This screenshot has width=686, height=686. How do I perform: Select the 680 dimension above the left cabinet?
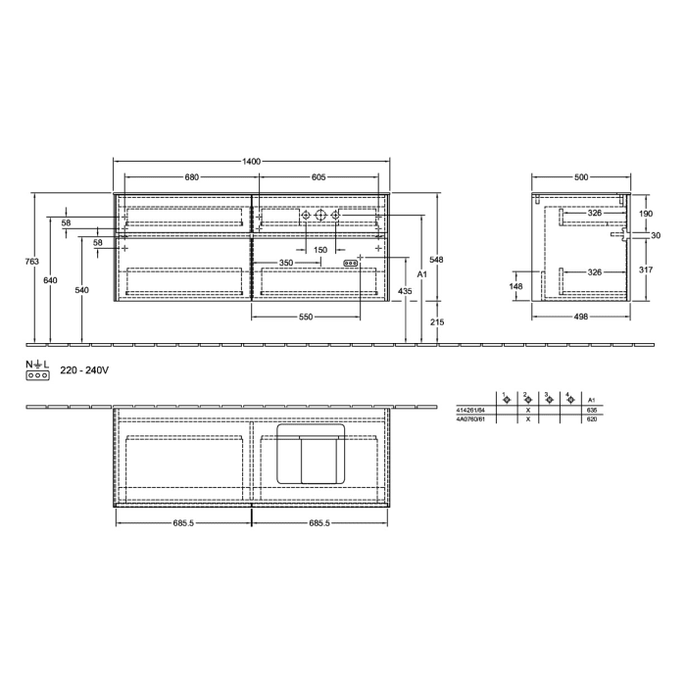[x=192, y=177]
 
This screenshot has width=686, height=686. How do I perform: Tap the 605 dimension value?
[x=318, y=177]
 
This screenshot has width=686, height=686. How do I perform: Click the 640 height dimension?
[x=50, y=280]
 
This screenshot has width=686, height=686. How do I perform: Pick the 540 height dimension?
[x=81, y=290]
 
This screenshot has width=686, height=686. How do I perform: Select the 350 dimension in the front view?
[x=285, y=263]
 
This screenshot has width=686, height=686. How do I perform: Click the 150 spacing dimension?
[x=320, y=250]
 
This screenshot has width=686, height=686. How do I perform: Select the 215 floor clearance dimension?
[x=437, y=321]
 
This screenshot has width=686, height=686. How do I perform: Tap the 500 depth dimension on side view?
[x=581, y=177]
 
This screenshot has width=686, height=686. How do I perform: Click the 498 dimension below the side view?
[x=581, y=318]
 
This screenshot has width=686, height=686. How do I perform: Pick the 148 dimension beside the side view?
[x=517, y=286]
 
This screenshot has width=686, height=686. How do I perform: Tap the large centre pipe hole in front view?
[x=320, y=216]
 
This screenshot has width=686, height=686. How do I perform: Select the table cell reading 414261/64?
[x=471, y=410]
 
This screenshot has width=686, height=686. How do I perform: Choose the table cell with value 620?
[x=590, y=418]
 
